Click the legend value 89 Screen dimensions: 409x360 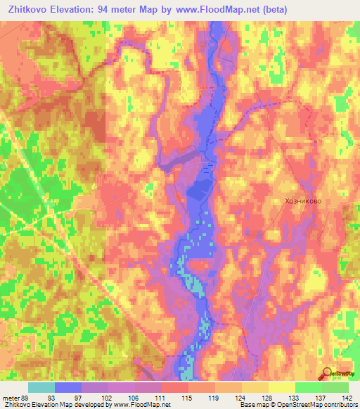click(x=26, y=397)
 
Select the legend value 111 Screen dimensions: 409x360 click(x=162, y=397)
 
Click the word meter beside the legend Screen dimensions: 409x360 click(x=11, y=397)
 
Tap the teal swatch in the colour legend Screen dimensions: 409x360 click(x=41, y=387)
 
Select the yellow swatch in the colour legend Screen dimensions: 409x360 click(x=281, y=387)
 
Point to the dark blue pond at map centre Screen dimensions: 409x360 click(x=200, y=188)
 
